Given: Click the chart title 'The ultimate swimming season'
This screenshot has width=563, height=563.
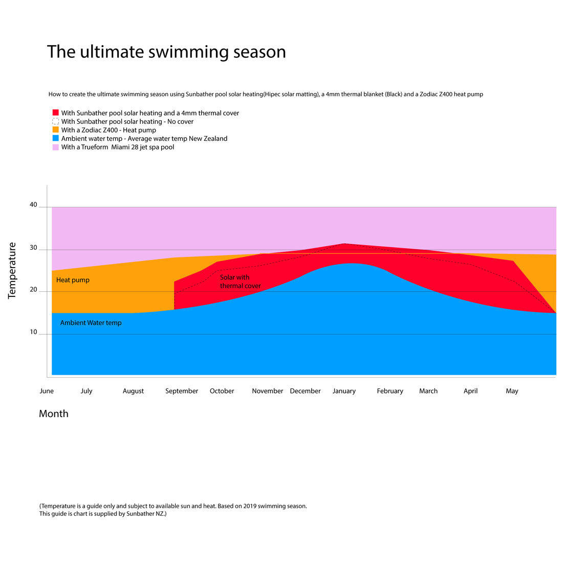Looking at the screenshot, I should pyautogui.click(x=166, y=52).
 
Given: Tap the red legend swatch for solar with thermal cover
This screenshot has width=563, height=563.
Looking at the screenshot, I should pyautogui.click(x=55, y=113).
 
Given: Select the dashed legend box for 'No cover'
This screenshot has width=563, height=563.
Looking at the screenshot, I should pyautogui.click(x=55, y=121).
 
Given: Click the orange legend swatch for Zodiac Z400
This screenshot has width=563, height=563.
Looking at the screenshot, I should pyautogui.click(x=55, y=130).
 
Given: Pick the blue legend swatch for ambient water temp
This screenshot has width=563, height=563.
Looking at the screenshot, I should pyautogui.click(x=55, y=138).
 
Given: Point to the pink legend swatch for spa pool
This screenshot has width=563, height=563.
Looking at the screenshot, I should pyautogui.click(x=55, y=147).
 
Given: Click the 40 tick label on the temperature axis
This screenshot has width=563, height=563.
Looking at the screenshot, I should pyautogui.click(x=33, y=205).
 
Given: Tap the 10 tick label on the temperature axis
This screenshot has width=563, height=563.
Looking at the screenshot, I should pyautogui.click(x=33, y=332).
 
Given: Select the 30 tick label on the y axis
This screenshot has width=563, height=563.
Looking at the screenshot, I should pyautogui.click(x=33, y=248).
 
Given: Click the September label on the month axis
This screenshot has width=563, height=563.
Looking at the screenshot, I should pyautogui.click(x=182, y=391).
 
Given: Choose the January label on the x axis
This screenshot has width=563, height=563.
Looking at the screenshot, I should pyautogui.click(x=344, y=391).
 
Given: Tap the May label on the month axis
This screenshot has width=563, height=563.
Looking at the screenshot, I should pyautogui.click(x=512, y=391).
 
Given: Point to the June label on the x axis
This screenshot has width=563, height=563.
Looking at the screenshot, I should pyautogui.click(x=47, y=391).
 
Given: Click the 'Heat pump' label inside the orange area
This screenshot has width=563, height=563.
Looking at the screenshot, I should pyautogui.click(x=73, y=280).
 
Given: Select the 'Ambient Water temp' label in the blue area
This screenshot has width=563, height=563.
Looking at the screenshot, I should pyautogui.click(x=91, y=323).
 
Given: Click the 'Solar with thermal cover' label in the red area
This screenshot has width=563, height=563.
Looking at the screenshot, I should pyautogui.click(x=240, y=281).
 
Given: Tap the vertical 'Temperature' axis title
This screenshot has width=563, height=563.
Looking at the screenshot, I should pyautogui.click(x=12, y=270).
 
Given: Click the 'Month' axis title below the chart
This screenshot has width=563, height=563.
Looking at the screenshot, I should pyautogui.click(x=54, y=414).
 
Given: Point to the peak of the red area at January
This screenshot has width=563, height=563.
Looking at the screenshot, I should pyautogui.click(x=344, y=244).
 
